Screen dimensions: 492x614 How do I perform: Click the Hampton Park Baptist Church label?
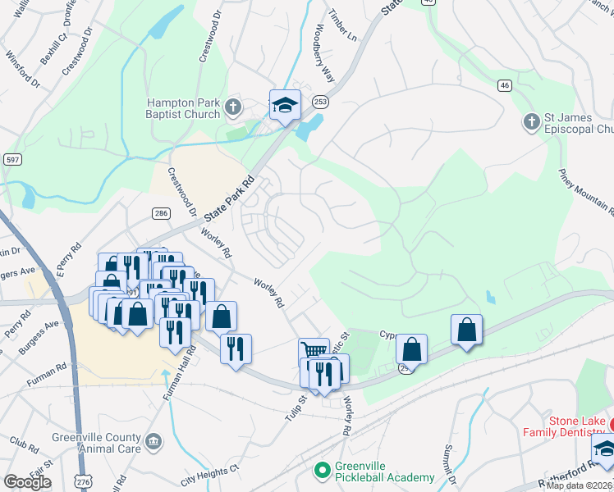(182, 109)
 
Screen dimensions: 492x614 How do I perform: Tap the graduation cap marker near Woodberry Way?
(285, 105)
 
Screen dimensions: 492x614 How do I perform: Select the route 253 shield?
(320, 102)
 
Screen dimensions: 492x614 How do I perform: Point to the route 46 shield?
(505, 84)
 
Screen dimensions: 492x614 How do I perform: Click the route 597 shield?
(11, 158)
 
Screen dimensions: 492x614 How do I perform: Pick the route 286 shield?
(161, 213)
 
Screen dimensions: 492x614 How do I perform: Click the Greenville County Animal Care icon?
(153, 443)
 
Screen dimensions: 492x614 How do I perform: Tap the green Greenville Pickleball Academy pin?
(323, 471)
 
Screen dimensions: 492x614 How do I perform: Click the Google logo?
(27, 482)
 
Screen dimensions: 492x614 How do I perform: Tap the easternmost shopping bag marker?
(466, 330)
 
